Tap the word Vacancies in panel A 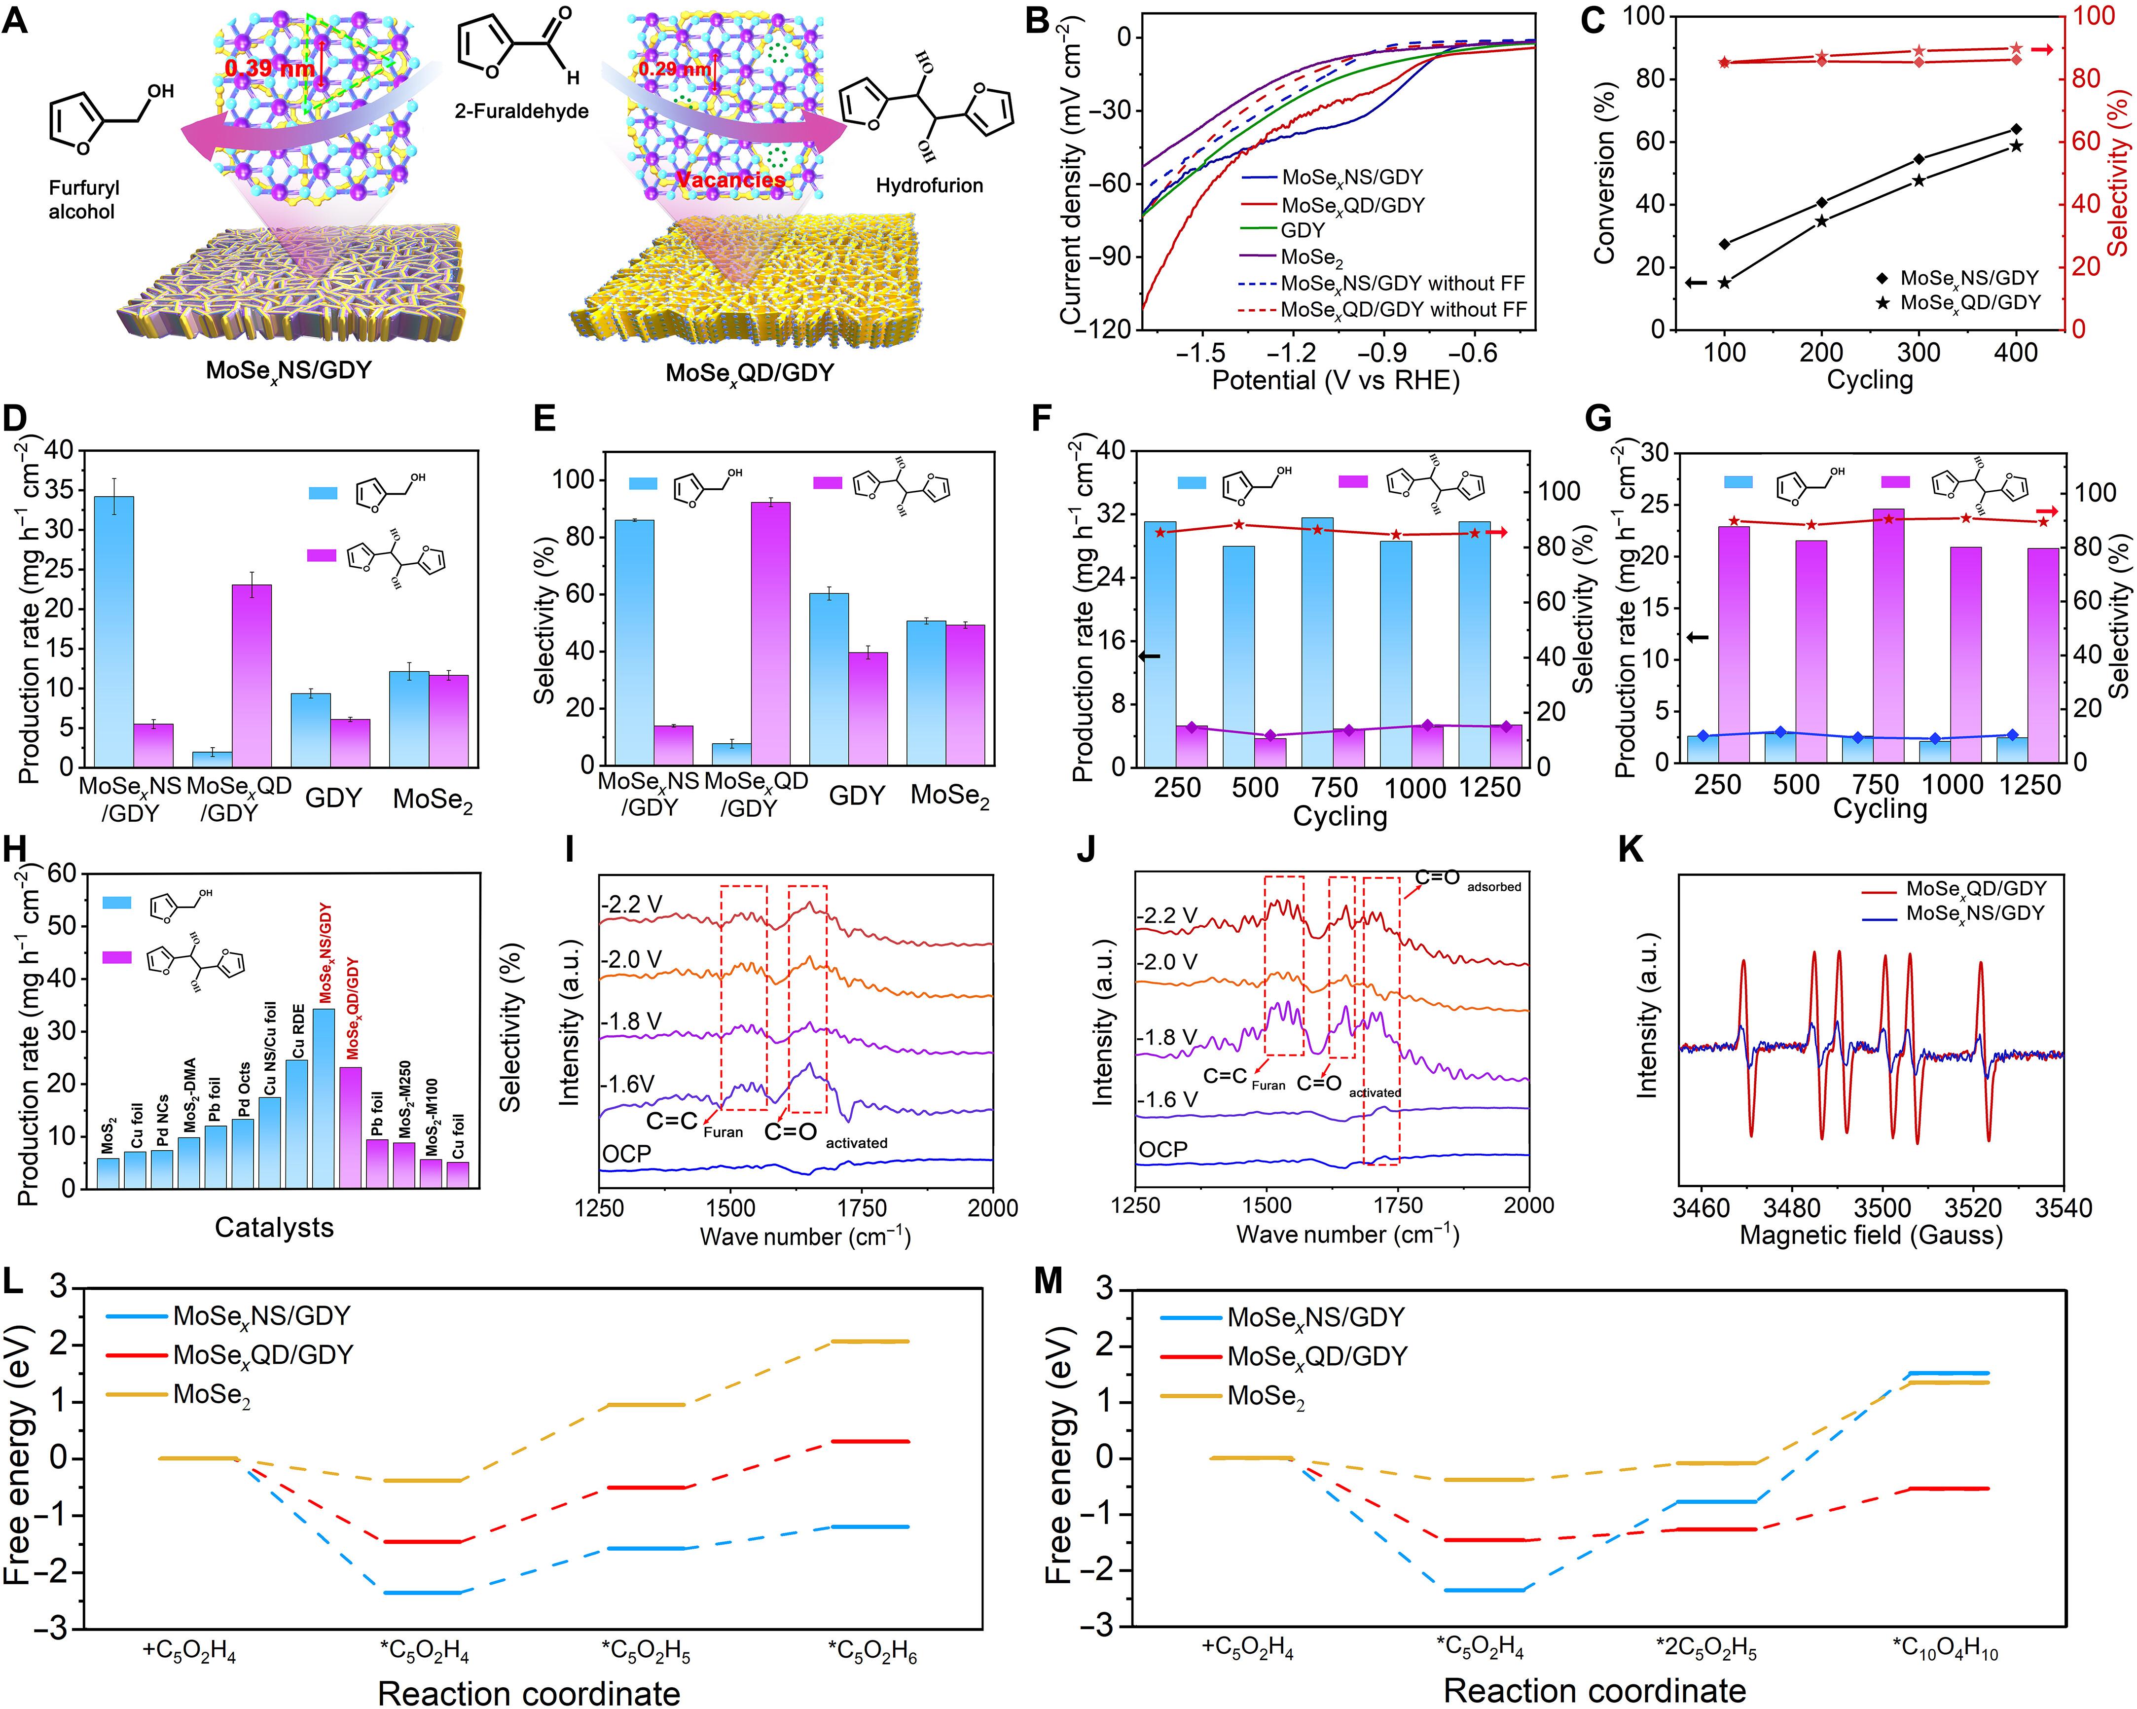coord(730,180)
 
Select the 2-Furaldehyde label coord(521,111)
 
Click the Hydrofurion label coord(929,185)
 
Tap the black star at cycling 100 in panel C coord(1725,283)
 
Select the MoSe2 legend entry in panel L coord(211,1395)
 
